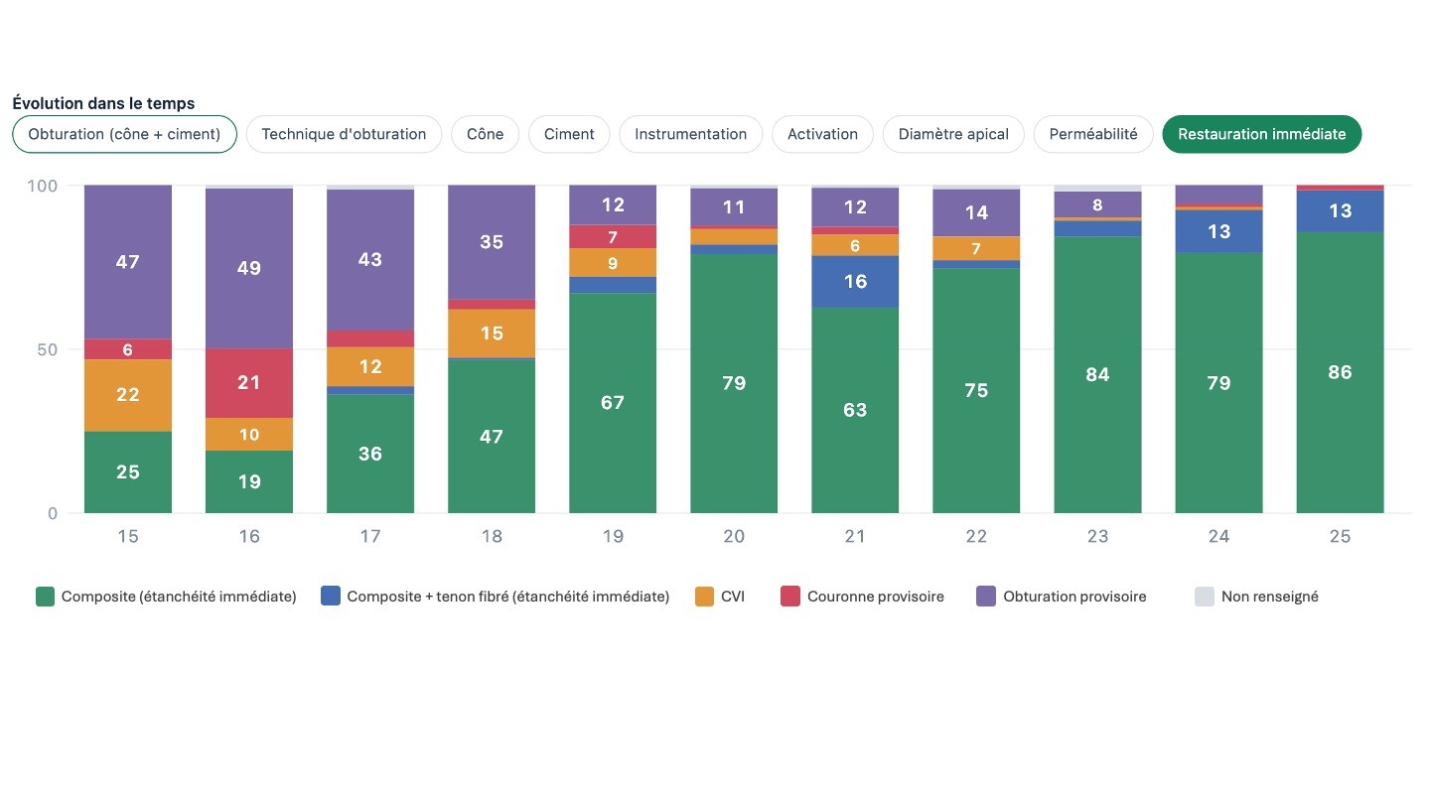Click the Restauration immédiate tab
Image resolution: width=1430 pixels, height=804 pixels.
point(1261,134)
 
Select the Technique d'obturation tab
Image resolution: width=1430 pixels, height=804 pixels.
point(344,134)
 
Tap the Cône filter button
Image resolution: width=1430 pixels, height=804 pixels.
point(486,134)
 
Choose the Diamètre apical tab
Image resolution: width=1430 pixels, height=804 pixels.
point(953,134)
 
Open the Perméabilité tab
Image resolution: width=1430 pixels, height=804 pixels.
point(1093,134)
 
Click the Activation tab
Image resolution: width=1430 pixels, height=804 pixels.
point(822,134)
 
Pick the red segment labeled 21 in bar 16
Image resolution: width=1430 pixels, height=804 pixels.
point(249,383)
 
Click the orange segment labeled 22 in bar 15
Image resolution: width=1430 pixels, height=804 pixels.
point(128,395)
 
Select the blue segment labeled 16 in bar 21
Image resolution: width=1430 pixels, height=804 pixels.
point(855,282)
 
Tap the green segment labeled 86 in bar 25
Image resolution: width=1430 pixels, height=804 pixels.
point(1340,372)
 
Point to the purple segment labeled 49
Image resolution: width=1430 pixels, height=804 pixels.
point(249,268)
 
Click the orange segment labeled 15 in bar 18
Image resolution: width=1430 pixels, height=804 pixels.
point(492,334)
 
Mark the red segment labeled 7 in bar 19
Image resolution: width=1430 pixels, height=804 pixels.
point(613,236)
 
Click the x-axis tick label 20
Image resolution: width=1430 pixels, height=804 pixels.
point(734,536)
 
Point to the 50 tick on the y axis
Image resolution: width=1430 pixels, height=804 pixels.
point(47,349)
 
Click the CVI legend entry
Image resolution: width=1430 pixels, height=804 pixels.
point(719,597)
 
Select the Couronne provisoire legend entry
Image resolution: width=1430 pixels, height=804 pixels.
point(862,597)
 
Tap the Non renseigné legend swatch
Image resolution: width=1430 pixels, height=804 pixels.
point(1204,597)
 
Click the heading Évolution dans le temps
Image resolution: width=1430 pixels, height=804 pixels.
point(103,103)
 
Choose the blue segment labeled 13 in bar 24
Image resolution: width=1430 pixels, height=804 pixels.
point(1218,231)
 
